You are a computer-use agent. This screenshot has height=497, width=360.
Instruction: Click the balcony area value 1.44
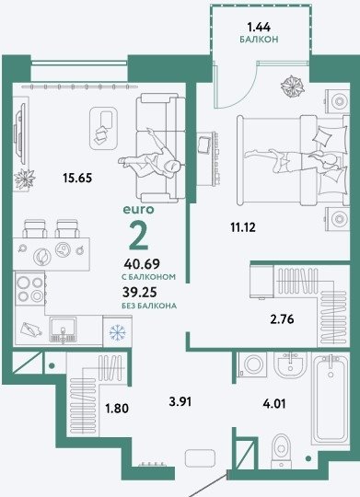[259, 28]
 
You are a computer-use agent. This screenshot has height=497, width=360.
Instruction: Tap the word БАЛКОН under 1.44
[259, 40]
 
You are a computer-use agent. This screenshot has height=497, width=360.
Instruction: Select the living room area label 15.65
[77, 178]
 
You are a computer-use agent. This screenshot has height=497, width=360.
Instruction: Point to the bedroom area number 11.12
[243, 227]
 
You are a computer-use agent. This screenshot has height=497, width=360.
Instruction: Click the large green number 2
[139, 235]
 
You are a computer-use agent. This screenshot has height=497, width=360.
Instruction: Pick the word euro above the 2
[138, 210]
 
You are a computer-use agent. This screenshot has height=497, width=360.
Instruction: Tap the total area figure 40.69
[142, 264]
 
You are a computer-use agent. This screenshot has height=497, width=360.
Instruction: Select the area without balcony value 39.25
[140, 292]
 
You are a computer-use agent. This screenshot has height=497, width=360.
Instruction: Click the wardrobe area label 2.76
[282, 318]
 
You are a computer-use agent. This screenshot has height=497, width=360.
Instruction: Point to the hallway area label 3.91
[180, 402]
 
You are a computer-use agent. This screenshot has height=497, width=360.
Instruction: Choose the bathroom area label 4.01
[274, 404]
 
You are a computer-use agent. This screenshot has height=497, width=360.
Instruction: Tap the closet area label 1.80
[117, 409]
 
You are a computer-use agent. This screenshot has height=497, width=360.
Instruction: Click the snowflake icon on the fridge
[117, 332]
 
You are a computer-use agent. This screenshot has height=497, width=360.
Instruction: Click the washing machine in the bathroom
[253, 364]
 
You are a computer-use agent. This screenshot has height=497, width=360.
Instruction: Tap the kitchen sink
[63, 329]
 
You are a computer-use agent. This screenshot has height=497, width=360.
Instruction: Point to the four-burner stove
[30, 289]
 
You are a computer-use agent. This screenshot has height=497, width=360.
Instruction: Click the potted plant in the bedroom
[293, 86]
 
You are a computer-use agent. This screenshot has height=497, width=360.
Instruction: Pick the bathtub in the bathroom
[331, 400]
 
